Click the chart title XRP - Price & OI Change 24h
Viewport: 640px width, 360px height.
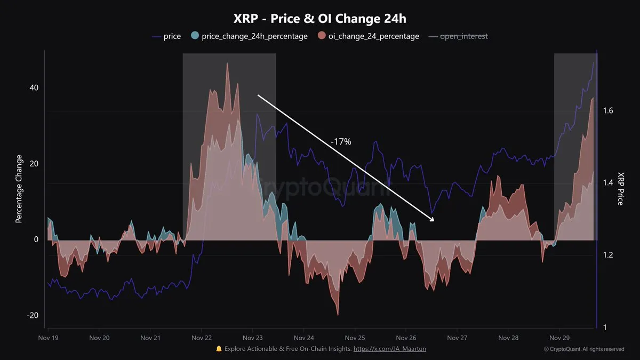click(320, 18)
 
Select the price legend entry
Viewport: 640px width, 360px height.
click(166, 36)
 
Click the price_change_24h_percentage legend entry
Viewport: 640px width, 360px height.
click(249, 36)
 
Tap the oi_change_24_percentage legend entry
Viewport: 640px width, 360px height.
click(369, 36)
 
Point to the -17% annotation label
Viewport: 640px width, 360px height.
click(341, 142)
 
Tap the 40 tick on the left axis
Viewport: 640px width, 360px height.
click(33, 88)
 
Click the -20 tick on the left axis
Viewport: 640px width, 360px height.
click(32, 316)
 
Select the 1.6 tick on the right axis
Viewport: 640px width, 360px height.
click(607, 111)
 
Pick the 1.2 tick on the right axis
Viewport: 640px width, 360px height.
click(607, 255)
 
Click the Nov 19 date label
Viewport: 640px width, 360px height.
click(49, 338)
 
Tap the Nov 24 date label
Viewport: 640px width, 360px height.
click(304, 338)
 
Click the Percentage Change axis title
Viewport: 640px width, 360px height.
click(19, 189)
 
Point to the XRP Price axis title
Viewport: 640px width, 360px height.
click(621, 189)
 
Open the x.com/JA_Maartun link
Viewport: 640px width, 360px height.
click(390, 349)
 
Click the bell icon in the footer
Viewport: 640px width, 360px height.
click(219, 349)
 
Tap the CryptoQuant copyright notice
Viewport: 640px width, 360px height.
click(584, 349)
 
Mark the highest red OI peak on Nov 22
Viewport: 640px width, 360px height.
click(227, 63)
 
